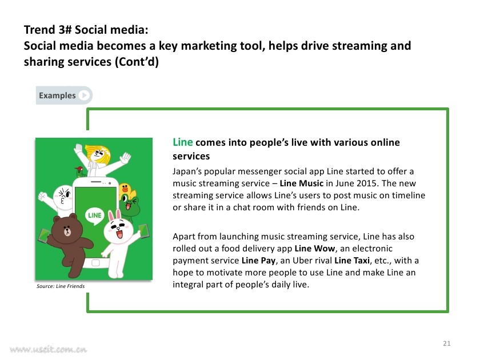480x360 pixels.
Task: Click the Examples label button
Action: click(64, 95)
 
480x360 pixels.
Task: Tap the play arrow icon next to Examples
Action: click(84, 95)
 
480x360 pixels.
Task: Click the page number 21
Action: click(447, 343)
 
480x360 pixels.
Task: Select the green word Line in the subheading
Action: click(183, 142)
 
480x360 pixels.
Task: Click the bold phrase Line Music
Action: click(302, 183)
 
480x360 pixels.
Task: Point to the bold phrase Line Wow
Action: click(315, 249)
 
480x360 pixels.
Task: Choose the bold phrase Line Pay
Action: click(258, 261)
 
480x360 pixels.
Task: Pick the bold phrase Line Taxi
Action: click(352, 261)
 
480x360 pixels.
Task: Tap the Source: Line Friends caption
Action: click(61, 286)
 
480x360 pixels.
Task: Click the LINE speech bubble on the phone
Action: click(95, 216)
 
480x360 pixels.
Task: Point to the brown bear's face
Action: click(67, 230)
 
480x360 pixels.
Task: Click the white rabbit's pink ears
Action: click(114, 215)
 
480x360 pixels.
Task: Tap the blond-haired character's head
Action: click(98, 153)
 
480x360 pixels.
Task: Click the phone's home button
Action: click(95, 263)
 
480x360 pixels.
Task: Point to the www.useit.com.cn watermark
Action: click(49, 350)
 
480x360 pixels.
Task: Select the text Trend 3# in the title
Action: click(48, 30)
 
